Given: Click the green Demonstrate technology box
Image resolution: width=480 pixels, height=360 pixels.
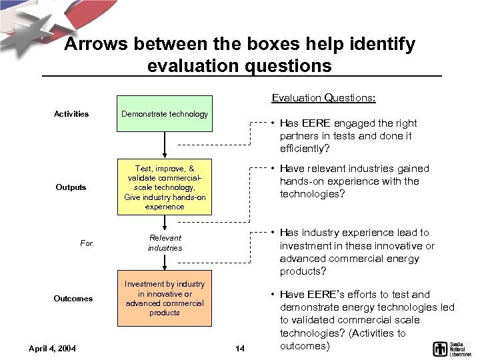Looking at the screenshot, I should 165,113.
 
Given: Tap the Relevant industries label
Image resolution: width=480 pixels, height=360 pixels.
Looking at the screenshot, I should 165,242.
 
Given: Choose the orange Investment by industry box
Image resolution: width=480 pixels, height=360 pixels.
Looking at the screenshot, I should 165,298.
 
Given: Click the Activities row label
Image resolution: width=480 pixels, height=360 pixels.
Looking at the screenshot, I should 71,114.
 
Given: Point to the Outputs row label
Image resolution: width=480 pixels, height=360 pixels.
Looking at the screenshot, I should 71,187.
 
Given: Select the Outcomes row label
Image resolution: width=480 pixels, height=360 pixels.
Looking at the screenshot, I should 73,298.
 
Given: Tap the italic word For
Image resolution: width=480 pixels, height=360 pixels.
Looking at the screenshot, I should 87,243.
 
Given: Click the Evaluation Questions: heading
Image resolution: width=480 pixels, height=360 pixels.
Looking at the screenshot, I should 324,98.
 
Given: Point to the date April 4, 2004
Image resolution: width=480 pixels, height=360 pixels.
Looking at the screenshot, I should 53,348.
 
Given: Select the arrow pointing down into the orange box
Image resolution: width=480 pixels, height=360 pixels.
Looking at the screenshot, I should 165,261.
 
